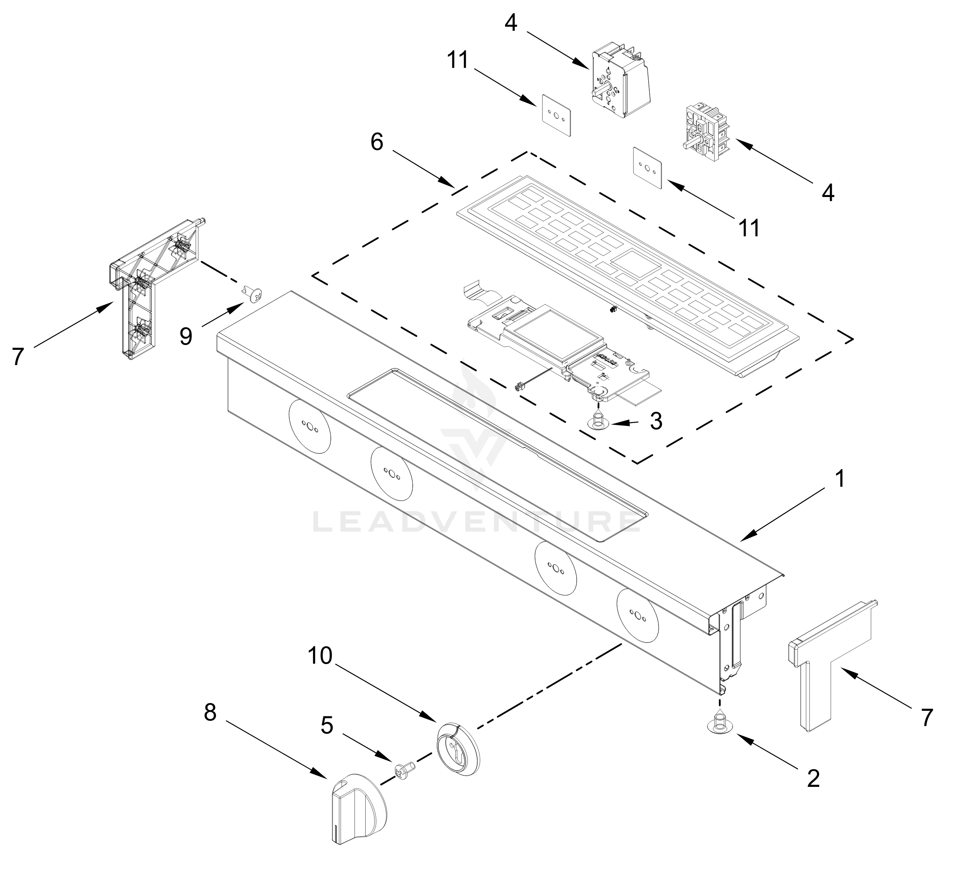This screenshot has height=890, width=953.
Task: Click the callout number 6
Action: coord(377,142)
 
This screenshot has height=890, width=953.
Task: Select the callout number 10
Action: coord(320,656)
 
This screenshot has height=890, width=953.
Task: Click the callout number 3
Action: coord(656,421)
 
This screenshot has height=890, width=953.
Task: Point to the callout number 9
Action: coord(186,336)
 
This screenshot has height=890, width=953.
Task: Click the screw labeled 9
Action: coord(253,293)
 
